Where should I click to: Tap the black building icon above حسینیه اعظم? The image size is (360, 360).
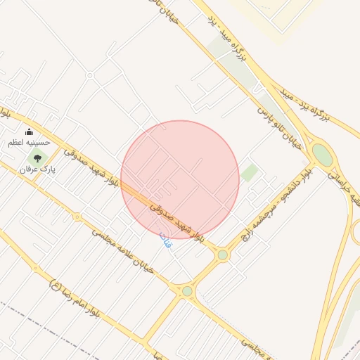[x=29, y=131]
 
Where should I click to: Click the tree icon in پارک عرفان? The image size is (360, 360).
[x=37, y=158]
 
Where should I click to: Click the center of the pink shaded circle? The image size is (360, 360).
[x=180, y=179]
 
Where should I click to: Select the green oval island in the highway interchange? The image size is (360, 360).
[x=322, y=155]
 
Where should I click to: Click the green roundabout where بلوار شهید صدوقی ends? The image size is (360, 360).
[x=223, y=255]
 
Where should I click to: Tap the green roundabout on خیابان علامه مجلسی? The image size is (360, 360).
[x=187, y=291]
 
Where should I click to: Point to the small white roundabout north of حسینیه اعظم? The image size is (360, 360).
[x=90, y=75]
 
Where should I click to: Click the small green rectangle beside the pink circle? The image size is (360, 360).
[x=249, y=172]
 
